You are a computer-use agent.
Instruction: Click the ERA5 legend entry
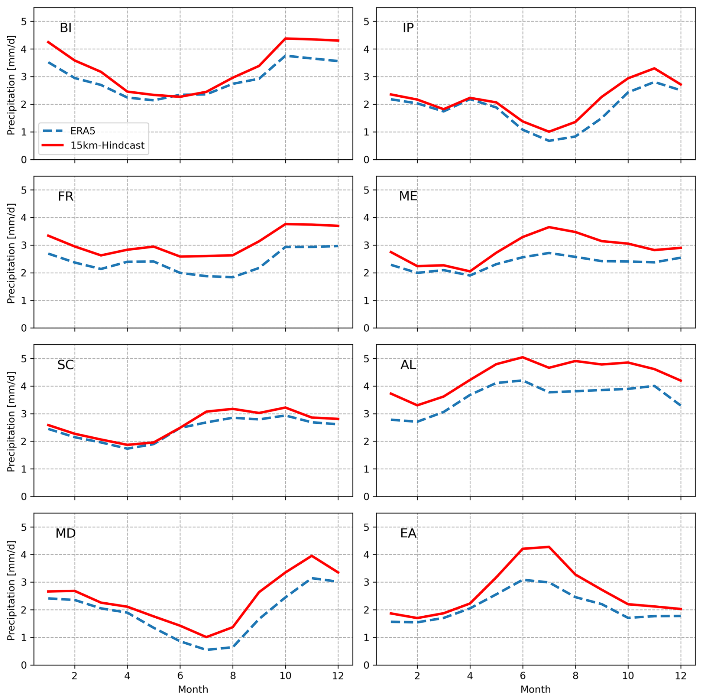pos(82,131)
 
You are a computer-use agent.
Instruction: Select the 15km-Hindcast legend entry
pos(107,145)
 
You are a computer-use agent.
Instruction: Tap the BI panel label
pos(65,28)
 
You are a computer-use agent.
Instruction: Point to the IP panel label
pos(408,28)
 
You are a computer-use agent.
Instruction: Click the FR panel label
pos(65,196)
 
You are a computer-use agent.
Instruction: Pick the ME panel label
pos(408,196)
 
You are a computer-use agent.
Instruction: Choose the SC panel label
pos(65,365)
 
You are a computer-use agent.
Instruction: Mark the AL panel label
pos(408,365)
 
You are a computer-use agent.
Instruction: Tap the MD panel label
pos(65,533)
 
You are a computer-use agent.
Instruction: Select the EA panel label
pos(408,533)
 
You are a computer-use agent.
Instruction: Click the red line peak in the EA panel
pos(548,547)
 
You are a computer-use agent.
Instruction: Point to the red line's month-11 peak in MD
pos(311,556)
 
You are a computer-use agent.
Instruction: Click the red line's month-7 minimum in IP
pos(548,132)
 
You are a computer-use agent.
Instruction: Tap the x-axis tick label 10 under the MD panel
pos(285,676)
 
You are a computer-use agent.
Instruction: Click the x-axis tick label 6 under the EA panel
pos(522,676)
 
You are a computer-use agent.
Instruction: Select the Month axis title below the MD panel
pos(193,690)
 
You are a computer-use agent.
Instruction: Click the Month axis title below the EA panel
pos(535,690)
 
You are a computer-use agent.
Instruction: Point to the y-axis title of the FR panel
pos(11,253)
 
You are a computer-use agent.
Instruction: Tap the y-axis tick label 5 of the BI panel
pos(24,22)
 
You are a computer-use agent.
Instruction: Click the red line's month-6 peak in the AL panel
pos(522,357)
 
